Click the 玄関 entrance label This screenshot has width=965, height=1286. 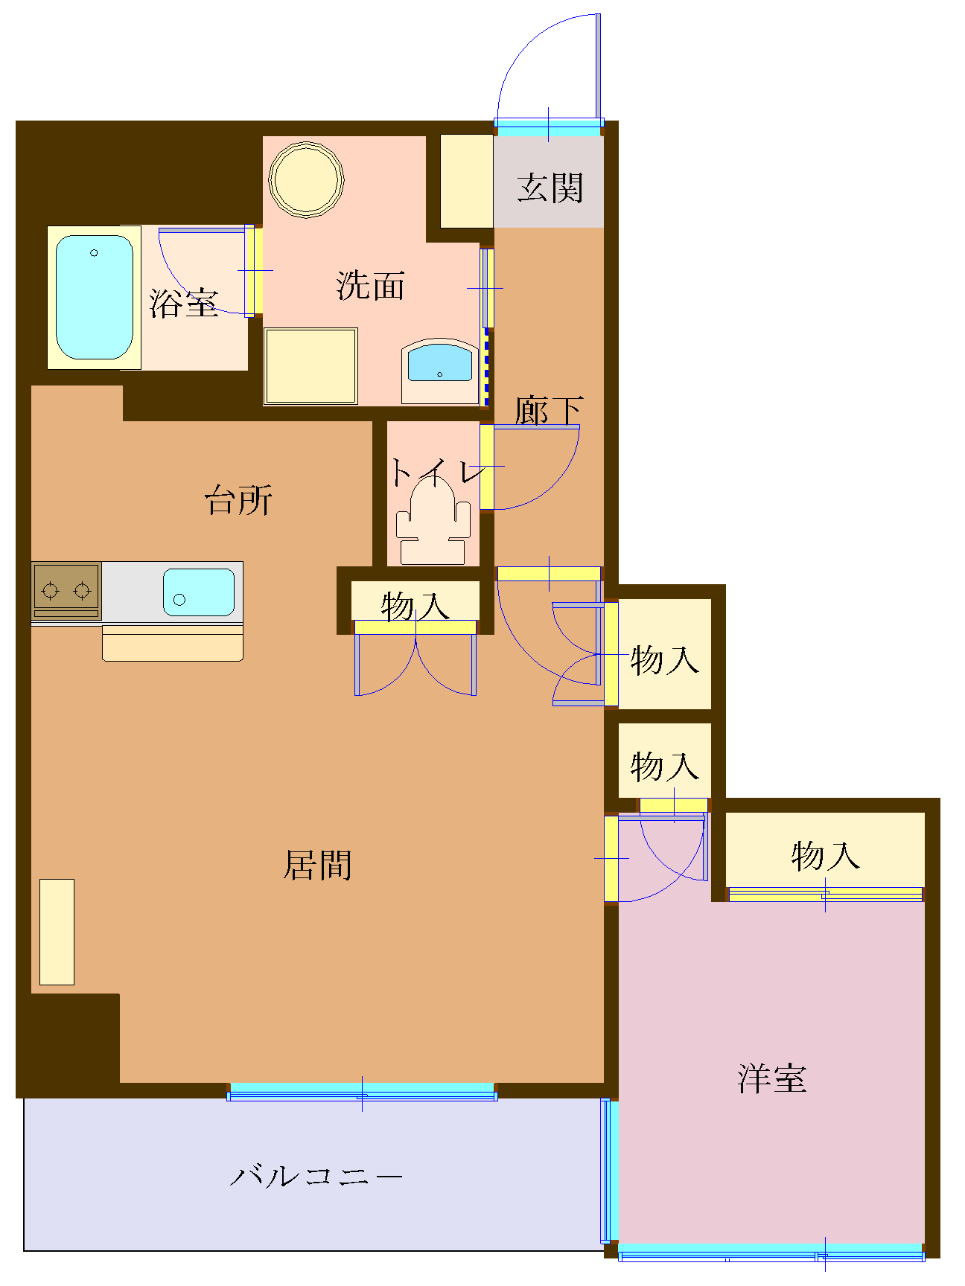point(550,188)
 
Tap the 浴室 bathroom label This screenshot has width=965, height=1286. point(183,303)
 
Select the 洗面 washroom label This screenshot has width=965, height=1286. point(370,286)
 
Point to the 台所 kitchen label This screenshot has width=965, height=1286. point(238,500)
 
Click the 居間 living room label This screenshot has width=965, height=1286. point(317,865)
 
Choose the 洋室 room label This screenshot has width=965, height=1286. point(771,1078)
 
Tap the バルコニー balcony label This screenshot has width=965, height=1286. point(316,1177)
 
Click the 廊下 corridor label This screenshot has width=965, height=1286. point(549,410)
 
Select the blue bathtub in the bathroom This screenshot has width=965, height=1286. point(95,297)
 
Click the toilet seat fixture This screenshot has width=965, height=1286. point(433,521)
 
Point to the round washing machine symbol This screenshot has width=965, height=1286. point(306,179)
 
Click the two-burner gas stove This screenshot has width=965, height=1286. point(66,590)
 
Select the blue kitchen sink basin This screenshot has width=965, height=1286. point(198,592)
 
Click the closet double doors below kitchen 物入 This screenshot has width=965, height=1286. point(415,662)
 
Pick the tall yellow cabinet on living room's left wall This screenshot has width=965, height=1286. point(57,932)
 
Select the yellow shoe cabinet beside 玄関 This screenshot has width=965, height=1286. point(466,181)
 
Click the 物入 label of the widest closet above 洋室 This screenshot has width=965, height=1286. point(825,856)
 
